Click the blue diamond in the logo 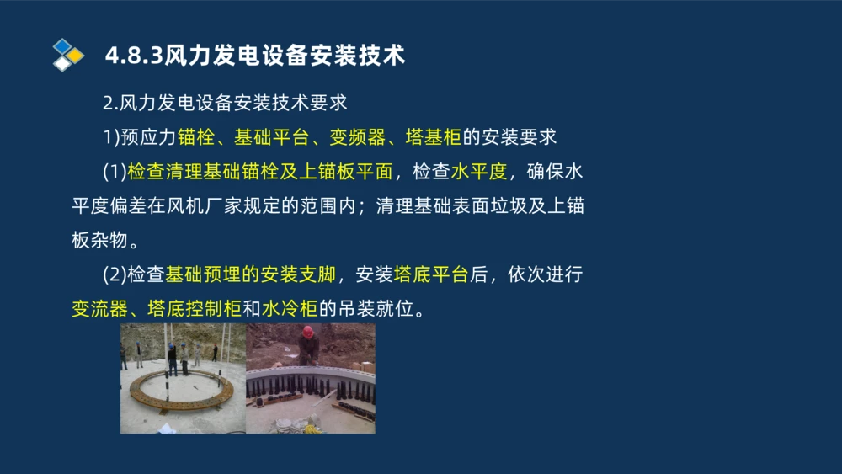[x=62, y=45]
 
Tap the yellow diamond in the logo [x=76, y=56]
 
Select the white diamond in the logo [x=62, y=63]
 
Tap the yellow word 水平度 [x=479, y=173]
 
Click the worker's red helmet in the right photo [x=308, y=330]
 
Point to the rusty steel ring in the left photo [x=181, y=388]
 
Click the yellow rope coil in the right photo [x=312, y=428]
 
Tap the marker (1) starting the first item [x=114, y=173]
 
